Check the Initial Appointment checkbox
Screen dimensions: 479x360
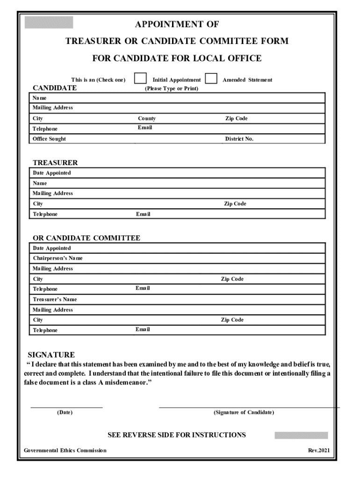pos(141,79)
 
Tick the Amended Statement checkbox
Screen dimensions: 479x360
pos(211,79)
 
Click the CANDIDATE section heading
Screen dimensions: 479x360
pos(54,87)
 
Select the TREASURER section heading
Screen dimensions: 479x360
pos(55,163)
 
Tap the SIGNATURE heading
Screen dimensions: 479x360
pos(51,355)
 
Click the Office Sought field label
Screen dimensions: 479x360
pos(49,139)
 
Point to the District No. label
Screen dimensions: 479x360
pos(239,139)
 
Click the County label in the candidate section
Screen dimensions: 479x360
pos(147,118)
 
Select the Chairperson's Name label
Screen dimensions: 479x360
pos(58,258)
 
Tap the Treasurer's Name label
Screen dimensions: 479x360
pos(55,299)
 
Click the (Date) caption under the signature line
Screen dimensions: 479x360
pos(65,413)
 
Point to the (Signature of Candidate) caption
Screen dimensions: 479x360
pos(244,413)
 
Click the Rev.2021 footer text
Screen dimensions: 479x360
pos(319,450)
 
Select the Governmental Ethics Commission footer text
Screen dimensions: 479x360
pos(65,450)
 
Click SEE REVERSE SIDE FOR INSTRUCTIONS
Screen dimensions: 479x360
pos(176,435)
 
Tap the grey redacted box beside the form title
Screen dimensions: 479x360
pos(49,22)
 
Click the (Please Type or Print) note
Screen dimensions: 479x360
pos(171,88)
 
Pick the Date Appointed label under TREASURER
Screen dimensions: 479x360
pos(52,173)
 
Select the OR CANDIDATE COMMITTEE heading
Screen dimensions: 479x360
pos(86,238)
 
